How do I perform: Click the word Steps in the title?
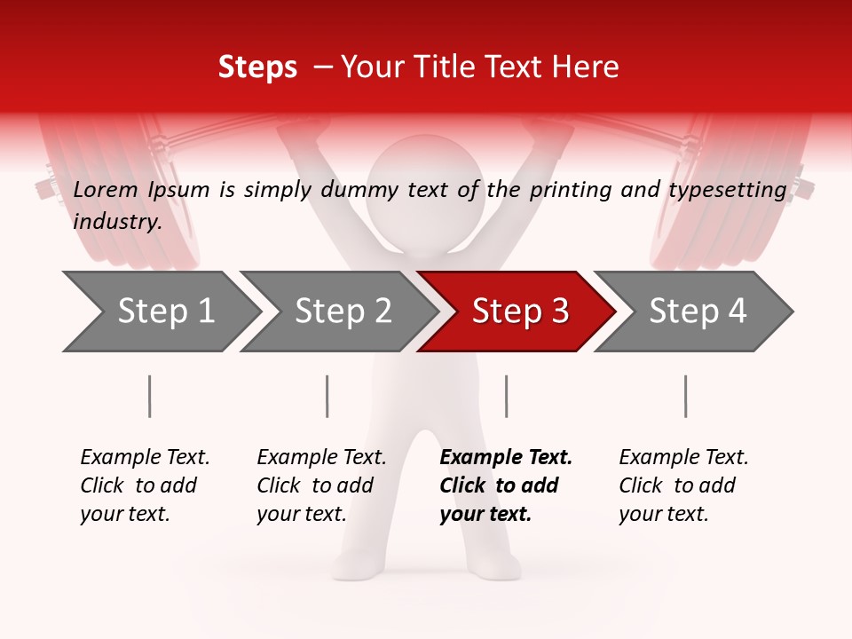pos(257,67)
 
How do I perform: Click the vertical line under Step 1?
pos(150,396)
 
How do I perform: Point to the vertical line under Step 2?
pos(327,396)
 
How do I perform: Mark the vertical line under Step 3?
pos(506,396)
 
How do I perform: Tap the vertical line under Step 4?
pos(685,396)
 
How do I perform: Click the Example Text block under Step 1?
pos(145,485)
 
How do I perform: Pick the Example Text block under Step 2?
pos(321,485)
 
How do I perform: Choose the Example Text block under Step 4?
pos(683,485)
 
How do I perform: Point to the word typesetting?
pos(732,190)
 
